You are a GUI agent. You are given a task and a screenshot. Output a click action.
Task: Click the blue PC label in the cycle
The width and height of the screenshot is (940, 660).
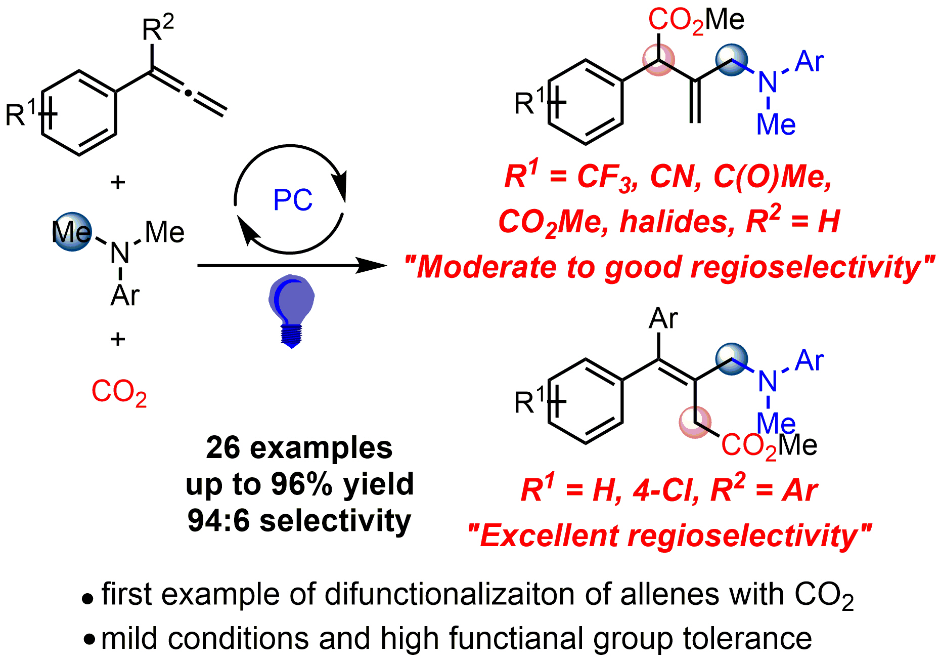[x=293, y=200]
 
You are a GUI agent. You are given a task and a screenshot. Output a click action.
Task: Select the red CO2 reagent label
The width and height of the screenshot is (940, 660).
[x=119, y=392]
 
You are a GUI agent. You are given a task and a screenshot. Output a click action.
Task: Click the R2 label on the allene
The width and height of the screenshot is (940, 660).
[x=158, y=28]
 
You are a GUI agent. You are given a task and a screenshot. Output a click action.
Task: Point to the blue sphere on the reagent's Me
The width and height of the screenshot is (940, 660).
[x=72, y=232]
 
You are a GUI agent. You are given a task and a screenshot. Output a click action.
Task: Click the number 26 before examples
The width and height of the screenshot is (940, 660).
[x=223, y=448]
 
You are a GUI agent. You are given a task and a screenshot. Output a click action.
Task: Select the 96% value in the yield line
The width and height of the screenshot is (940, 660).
[x=301, y=484]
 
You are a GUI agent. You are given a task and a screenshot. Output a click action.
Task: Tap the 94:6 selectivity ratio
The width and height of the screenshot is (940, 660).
[x=218, y=520]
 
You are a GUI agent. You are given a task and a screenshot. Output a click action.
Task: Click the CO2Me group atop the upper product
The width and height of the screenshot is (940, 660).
[x=696, y=20]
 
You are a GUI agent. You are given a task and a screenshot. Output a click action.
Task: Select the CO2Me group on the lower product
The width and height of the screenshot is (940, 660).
[x=769, y=446]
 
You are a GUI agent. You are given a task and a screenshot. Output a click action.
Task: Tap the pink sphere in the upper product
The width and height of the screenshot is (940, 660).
[x=658, y=60]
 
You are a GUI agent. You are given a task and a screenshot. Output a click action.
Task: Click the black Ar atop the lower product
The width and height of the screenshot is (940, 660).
[x=663, y=319]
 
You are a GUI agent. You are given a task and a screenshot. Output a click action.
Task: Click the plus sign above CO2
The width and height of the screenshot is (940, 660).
[x=118, y=339]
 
